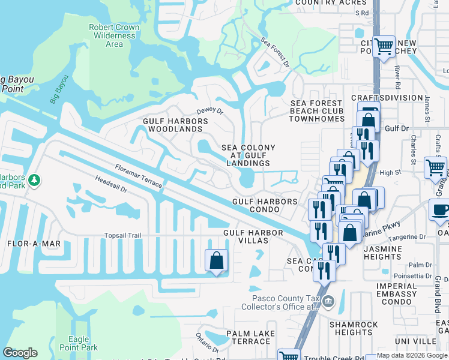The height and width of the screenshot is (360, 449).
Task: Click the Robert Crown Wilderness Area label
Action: tap(114, 35)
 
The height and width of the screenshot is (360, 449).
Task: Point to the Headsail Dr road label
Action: tap(111, 184)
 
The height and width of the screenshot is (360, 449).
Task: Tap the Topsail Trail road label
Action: tap(122, 236)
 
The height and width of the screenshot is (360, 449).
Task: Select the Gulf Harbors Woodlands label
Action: tap(175, 125)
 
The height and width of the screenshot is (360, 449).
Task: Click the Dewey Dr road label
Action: tap(209, 111)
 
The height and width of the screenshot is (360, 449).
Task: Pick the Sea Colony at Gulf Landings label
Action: tap(249, 155)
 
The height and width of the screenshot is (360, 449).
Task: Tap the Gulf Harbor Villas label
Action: tap(252, 237)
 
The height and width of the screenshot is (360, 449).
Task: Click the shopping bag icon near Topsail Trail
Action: tap(217, 261)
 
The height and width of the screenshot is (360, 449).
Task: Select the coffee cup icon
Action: tap(440, 211)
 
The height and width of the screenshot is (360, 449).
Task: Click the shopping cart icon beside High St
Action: tap(435, 168)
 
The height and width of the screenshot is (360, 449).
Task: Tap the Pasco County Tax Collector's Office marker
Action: tap(328, 301)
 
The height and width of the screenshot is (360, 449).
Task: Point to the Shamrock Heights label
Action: tap(354, 328)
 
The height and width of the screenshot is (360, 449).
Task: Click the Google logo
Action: tap(20, 353)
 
